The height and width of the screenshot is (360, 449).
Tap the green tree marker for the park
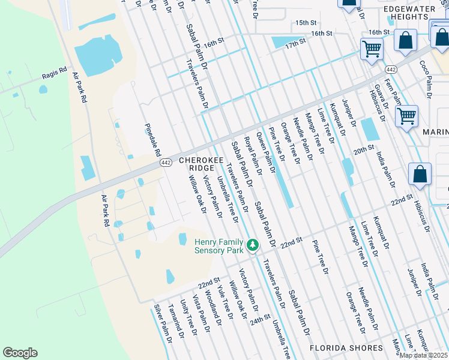(253, 245)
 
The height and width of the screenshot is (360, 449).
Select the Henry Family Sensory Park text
(220, 246)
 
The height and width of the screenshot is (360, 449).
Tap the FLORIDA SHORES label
(346, 348)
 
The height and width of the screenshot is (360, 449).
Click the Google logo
(20, 353)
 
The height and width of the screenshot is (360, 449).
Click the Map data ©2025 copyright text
(424, 355)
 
